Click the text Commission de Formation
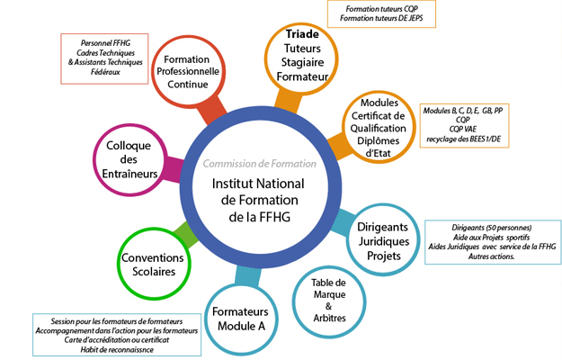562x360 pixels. [x=259, y=164]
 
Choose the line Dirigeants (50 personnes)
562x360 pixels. [x=491, y=228]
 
